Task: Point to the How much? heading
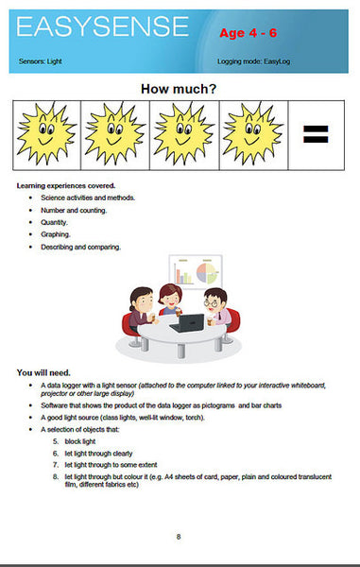point(180,89)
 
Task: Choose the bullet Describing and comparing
point(80,247)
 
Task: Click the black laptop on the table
point(195,322)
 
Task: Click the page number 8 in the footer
point(179,537)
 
